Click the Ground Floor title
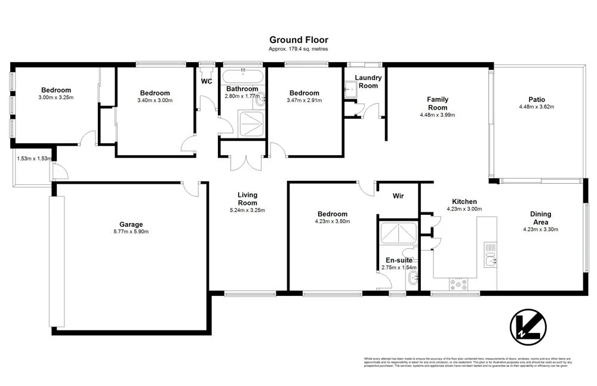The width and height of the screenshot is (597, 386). pyautogui.click(x=298, y=40)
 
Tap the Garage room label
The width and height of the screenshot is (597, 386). pyautogui.click(x=131, y=224)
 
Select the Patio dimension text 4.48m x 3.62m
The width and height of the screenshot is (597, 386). pyautogui.click(x=536, y=107)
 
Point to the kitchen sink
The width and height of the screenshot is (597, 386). pyautogui.click(x=491, y=259)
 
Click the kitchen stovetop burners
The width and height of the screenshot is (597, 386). pyautogui.click(x=460, y=285)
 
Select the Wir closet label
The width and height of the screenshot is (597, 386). pyautogui.click(x=398, y=196)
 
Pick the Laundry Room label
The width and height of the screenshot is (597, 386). pyautogui.click(x=368, y=82)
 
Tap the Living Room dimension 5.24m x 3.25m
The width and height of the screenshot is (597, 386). pyautogui.click(x=247, y=210)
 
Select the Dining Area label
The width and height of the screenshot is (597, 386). pyautogui.click(x=540, y=218)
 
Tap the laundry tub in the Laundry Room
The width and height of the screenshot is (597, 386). pyautogui.click(x=351, y=88)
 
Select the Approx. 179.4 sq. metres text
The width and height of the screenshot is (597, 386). pyautogui.click(x=298, y=50)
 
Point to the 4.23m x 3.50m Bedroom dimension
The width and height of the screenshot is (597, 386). pyautogui.click(x=332, y=221)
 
